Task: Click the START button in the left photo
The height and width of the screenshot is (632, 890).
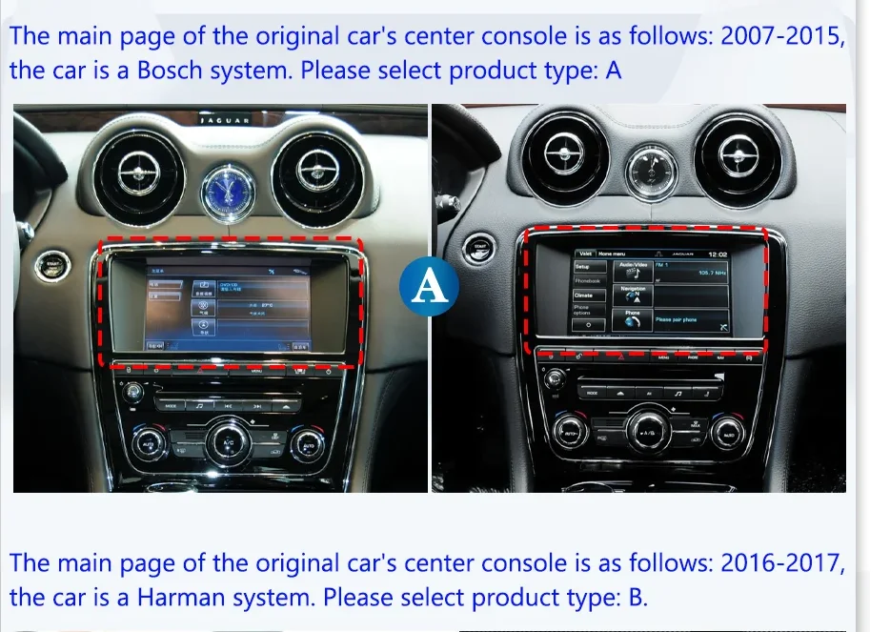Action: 47,268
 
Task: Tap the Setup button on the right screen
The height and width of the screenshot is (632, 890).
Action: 583,267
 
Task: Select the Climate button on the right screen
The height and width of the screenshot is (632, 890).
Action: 583,296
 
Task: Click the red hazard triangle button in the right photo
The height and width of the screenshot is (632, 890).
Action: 620,357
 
